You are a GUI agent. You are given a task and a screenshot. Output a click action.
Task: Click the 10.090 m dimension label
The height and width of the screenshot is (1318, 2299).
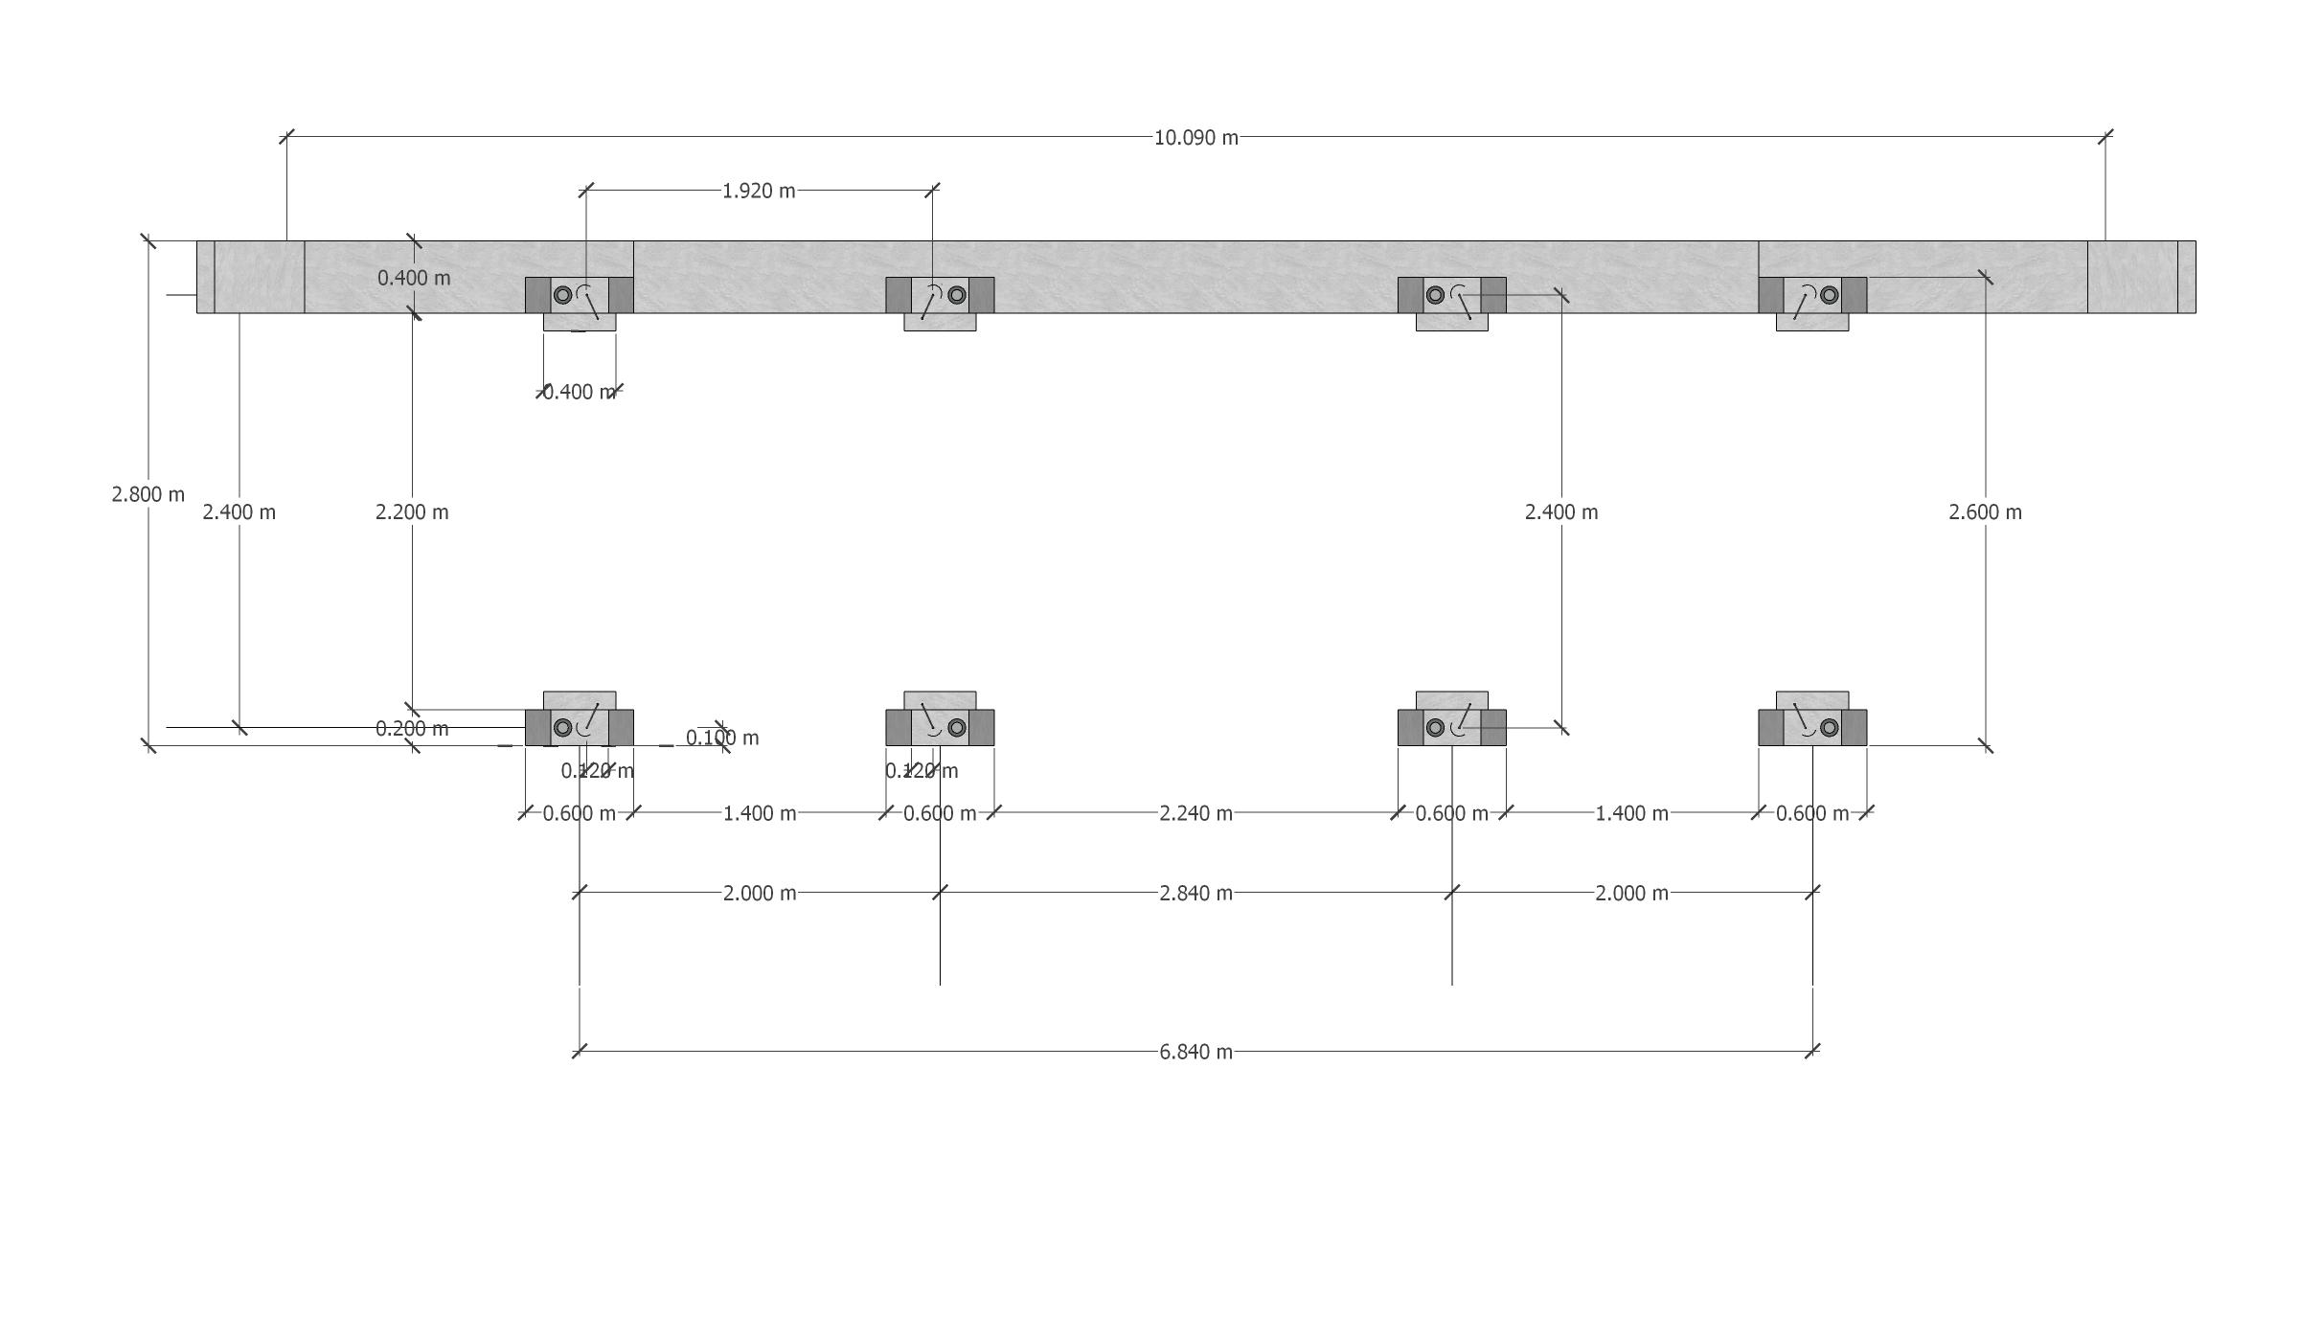(1195, 138)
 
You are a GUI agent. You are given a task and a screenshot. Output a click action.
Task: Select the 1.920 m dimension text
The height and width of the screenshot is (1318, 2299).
(759, 191)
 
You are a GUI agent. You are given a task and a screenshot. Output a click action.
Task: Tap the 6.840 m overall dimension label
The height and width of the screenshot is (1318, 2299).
(1195, 1052)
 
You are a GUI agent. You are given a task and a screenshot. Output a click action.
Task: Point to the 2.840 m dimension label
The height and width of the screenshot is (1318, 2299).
(1195, 893)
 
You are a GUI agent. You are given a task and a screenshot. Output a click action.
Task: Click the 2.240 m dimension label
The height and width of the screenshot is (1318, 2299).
(1195, 813)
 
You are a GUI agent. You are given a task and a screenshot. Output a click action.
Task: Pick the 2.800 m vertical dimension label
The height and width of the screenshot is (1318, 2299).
(148, 494)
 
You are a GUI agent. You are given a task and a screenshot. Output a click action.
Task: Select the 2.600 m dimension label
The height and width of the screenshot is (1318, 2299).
(1985, 512)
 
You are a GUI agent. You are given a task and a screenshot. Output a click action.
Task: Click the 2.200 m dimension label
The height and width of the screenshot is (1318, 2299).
(412, 512)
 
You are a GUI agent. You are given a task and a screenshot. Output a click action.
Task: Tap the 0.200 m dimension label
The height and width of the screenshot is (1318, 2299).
(412, 729)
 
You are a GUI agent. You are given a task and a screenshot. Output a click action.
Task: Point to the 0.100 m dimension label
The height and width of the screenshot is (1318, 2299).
(722, 738)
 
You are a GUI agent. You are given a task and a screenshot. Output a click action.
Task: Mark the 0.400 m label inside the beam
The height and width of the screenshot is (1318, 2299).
(414, 278)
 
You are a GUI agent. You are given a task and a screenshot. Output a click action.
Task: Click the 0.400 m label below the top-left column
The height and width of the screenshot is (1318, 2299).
(580, 392)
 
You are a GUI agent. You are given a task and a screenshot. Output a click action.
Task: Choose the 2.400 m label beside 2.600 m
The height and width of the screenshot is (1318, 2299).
(1561, 512)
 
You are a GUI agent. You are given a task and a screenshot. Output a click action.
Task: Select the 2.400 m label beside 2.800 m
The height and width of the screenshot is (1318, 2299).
(239, 512)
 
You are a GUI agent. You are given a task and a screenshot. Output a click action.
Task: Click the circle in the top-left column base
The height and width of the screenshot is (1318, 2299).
(563, 295)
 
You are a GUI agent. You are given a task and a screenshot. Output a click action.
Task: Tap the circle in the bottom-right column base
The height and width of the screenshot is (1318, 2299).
(1830, 728)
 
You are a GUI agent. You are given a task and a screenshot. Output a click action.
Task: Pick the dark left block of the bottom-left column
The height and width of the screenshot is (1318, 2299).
(537, 728)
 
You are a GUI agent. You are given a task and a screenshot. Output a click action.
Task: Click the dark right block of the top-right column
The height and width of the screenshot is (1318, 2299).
(1854, 295)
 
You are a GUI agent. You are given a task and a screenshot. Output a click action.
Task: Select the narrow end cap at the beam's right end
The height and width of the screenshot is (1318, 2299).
(2186, 277)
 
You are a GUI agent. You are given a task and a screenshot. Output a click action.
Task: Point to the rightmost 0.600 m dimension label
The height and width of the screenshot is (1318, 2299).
(1812, 813)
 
